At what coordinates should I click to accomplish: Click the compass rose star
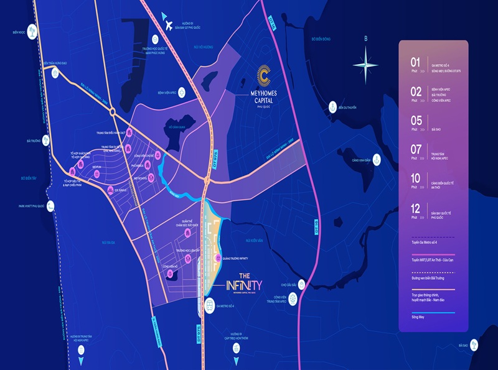[x=365, y=63]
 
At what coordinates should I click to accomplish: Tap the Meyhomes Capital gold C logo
[x=263, y=76]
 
